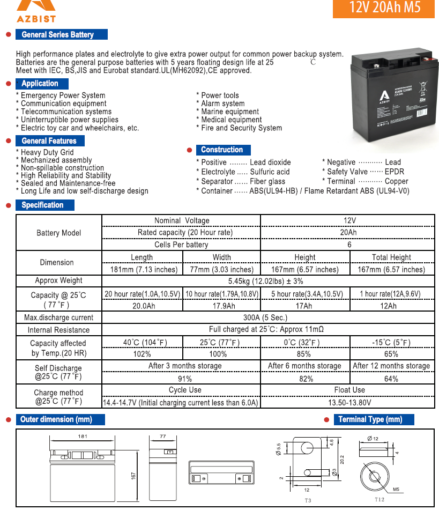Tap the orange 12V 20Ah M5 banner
[x=383, y=8]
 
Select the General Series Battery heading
[x=58, y=35]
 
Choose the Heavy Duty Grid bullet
[x=47, y=152]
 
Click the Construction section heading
[x=222, y=150]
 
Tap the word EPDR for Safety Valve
[x=395, y=172]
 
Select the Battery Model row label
[x=59, y=233]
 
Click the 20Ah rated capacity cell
[x=348, y=233]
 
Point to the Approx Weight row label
[x=59, y=280]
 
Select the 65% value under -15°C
[x=391, y=354]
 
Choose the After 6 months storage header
[x=304, y=366]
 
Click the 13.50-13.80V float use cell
[x=349, y=402]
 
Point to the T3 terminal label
[x=308, y=500]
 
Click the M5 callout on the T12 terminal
[x=396, y=489]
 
